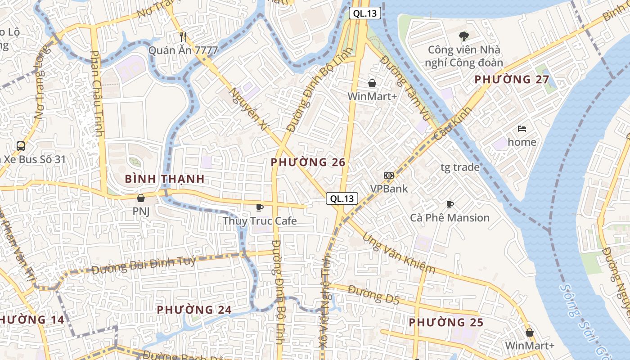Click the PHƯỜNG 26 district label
click(308, 162)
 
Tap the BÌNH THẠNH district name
click(165, 179)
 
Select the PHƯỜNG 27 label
click(512, 80)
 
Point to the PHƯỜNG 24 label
click(194, 310)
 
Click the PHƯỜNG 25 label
click(446, 322)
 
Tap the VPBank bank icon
click(389, 175)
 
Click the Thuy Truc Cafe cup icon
click(260, 207)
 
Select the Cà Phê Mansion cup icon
click(450, 205)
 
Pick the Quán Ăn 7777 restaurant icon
click(183, 37)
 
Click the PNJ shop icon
click(141, 198)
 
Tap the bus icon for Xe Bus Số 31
click(21, 146)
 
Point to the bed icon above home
click(522, 129)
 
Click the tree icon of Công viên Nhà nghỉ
click(463, 36)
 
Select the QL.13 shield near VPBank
click(342, 198)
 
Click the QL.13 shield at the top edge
click(365, 13)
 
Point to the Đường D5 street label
click(373, 295)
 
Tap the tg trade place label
click(459, 167)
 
